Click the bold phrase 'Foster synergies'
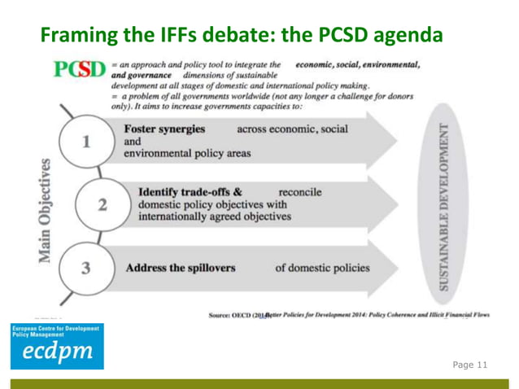tap(164, 129)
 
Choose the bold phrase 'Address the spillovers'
tap(180, 267)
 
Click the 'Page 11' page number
tap(469, 365)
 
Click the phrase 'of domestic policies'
tap(322, 267)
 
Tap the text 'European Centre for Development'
tap(54, 328)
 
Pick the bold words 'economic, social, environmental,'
tap(358, 63)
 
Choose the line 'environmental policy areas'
tap(187, 152)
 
